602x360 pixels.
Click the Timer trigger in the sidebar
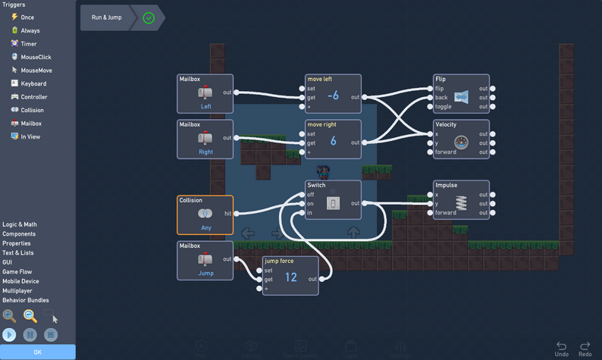coord(28,44)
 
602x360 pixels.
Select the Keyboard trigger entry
coord(33,83)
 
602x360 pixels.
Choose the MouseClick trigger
coord(36,57)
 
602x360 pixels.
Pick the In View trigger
coord(30,136)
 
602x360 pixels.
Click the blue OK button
coord(37,352)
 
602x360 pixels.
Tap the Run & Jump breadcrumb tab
coord(105,17)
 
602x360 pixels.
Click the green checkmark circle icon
coord(149,17)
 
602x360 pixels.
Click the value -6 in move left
coord(333,95)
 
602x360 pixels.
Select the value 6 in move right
coord(333,141)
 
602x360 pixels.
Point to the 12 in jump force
coord(290,277)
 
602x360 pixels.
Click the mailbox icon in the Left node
coord(205,92)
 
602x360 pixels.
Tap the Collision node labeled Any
coord(205,217)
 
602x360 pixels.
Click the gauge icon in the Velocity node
coord(462,142)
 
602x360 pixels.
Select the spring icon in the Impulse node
coord(462,202)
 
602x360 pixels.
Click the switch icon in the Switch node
coord(333,202)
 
